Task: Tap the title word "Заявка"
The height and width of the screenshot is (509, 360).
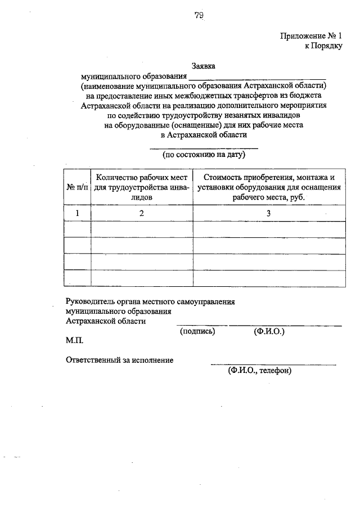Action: click(203, 66)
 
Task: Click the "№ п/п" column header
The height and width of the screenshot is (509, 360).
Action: click(78, 187)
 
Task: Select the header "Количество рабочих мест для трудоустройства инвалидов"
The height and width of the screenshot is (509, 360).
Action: click(142, 187)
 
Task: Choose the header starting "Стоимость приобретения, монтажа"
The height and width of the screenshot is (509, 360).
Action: click(269, 187)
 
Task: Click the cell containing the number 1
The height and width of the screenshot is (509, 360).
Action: click(78, 213)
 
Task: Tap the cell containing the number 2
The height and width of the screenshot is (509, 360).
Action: click(142, 213)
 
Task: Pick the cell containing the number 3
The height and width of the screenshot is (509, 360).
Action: click(269, 213)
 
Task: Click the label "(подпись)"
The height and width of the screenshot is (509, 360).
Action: click(197, 332)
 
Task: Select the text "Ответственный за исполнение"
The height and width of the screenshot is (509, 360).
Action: click(119, 360)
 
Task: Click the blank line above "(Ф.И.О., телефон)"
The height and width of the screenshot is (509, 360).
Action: click(273, 364)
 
